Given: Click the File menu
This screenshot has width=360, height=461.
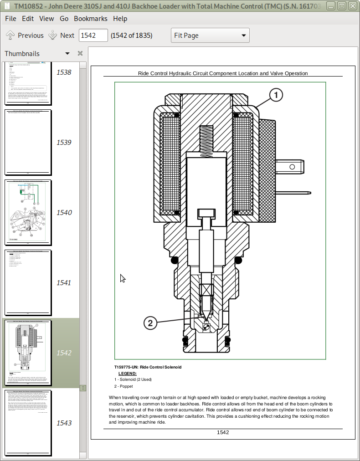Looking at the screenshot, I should [x=10, y=19].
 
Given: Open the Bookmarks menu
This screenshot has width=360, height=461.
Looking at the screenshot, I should [x=91, y=19].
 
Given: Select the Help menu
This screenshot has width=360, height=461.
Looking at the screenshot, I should [x=120, y=19].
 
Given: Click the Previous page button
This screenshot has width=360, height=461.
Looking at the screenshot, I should [x=25, y=36].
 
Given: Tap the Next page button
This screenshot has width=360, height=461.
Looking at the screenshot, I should [x=62, y=36].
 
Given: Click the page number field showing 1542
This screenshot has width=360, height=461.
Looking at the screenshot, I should [x=93, y=36].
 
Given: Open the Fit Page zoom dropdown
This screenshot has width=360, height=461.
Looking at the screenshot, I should [x=210, y=36].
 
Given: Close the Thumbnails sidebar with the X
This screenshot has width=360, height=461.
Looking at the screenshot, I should [x=80, y=54].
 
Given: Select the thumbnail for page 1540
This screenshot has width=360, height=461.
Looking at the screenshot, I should [x=28, y=212].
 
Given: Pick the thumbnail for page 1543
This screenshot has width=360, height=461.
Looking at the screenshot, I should [x=28, y=423].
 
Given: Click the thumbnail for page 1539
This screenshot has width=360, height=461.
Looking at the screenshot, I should [x=28, y=142].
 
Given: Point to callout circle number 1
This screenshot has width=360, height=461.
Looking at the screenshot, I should [x=276, y=95].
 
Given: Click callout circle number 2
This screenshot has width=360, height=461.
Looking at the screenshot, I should [x=150, y=323].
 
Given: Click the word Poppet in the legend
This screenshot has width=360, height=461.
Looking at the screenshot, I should [x=126, y=386].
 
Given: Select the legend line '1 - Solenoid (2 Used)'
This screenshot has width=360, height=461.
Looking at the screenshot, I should [x=133, y=379].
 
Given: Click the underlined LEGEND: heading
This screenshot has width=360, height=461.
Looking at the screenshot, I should [x=127, y=374].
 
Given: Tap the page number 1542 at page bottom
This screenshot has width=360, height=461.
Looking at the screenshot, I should [x=223, y=432].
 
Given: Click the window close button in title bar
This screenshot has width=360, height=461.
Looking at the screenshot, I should [x=352, y=6].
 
